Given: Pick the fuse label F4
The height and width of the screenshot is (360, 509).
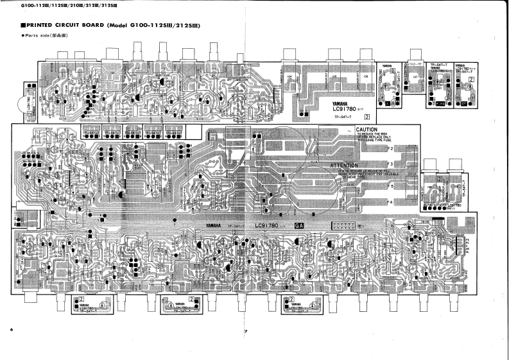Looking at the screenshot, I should tap(390, 203).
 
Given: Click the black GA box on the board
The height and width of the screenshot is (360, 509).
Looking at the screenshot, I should tap(298, 225).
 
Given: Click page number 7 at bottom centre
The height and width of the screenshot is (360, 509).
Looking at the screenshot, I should tap(245, 331).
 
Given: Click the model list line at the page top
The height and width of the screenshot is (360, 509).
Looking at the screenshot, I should tap(45, 6).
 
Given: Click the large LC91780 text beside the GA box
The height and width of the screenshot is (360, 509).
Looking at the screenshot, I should tap(270, 225).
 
